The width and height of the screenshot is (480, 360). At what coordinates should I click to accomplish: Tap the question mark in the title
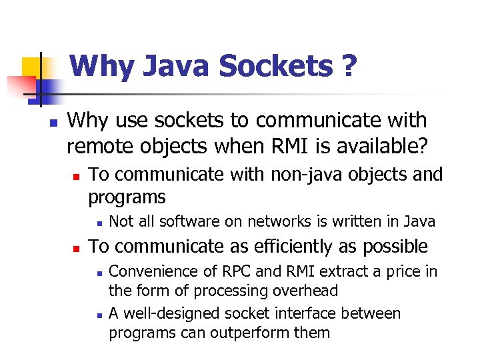pos(348,66)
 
